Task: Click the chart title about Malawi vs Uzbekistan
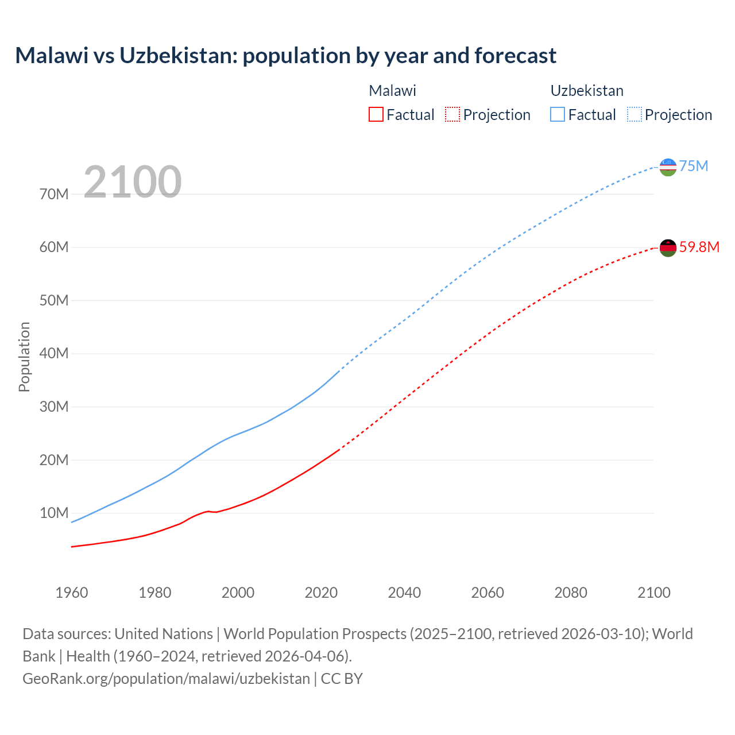[x=285, y=56]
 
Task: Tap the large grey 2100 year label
[x=133, y=182]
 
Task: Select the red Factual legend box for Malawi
[x=376, y=114]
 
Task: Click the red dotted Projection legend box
[x=452, y=114]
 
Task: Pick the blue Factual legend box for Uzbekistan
[x=558, y=114]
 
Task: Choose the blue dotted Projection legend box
[x=635, y=114]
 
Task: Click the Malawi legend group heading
[x=392, y=91]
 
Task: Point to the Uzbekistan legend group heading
[x=587, y=91]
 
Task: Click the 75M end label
[x=694, y=166]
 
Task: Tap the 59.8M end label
[x=699, y=247]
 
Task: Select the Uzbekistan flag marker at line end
[x=668, y=167]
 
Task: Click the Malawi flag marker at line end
[x=668, y=248]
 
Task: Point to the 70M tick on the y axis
[x=54, y=194]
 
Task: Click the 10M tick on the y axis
[x=54, y=513]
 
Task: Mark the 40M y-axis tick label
[x=54, y=353]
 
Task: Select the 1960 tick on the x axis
[x=72, y=593]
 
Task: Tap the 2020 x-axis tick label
[x=321, y=593]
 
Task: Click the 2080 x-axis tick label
[x=571, y=593]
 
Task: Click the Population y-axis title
[x=24, y=357]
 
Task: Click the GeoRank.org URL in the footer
[x=166, y=679]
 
